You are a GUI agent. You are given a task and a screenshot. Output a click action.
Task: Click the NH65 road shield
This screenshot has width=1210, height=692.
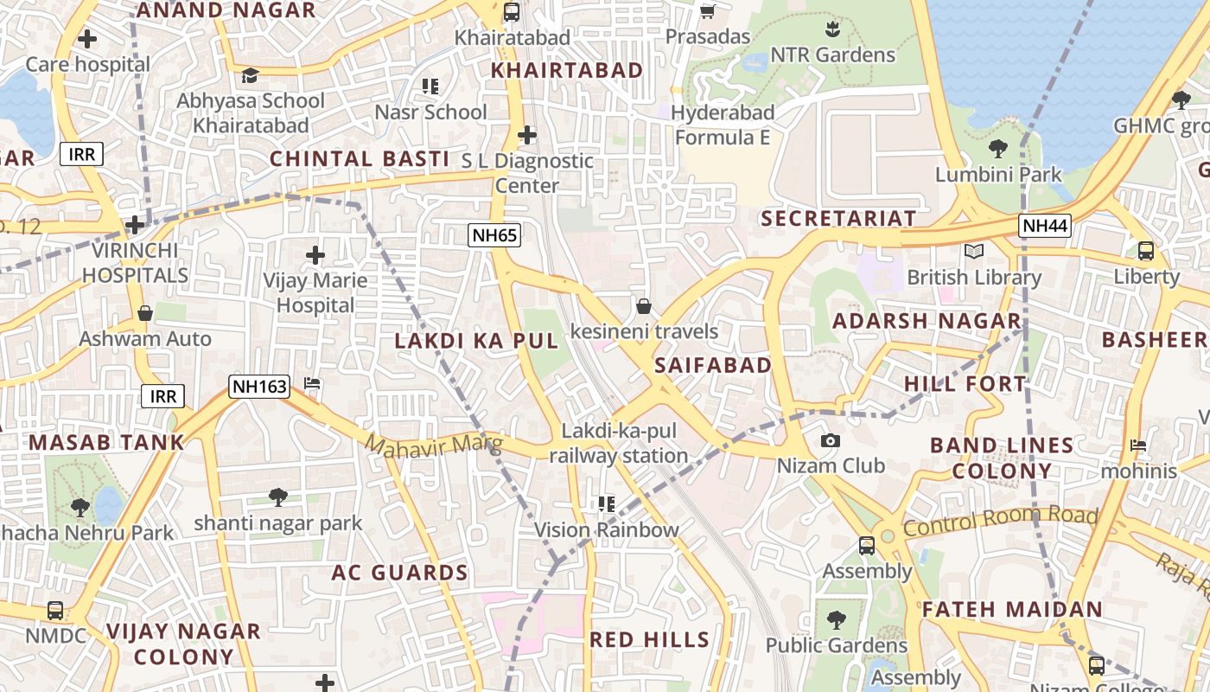[x=495, y=234]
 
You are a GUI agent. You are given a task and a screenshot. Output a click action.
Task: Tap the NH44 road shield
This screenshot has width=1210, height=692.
[x=1045, y=226]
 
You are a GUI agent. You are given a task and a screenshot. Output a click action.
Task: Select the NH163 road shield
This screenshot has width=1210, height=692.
[x=258, y=386]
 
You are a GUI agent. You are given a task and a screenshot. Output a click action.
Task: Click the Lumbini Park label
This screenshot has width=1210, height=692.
[x=998, y=175]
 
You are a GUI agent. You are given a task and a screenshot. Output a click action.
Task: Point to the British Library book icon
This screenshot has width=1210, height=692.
[x=974, y=252]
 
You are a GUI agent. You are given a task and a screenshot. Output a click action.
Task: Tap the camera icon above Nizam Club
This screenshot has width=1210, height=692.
[x=830, y=441]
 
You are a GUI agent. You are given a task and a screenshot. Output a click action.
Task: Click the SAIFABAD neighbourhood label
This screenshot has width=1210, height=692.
[x=713, y=365]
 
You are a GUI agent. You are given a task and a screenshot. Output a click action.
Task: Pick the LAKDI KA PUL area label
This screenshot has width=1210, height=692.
[x=477, y=341]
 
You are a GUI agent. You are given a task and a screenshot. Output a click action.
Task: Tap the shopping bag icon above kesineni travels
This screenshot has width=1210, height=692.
[x=643, y=306]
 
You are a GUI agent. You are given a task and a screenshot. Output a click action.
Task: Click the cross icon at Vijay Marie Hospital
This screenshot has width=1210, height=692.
[x=315, y=255]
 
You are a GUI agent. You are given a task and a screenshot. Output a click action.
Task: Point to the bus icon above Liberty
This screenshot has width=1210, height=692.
[x=1146, y=251]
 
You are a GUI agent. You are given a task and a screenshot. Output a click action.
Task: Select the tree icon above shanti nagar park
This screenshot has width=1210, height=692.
[x=277, y=497]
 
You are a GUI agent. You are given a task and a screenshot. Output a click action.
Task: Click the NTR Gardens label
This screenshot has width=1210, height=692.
[x=832, y=55]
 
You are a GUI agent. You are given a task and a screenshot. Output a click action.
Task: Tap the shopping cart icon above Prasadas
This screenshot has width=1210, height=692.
[x=707, y=11]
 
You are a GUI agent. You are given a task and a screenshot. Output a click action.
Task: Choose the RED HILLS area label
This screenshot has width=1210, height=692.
[x=649, y=640]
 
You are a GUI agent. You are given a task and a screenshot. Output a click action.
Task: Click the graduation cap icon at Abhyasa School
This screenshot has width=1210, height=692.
[x=250, y=75]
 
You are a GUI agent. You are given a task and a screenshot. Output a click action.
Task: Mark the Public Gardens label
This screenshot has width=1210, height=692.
[x=837, y=645]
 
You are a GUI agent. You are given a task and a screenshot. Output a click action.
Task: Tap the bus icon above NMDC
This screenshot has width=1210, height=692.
[x=55, y=611]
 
